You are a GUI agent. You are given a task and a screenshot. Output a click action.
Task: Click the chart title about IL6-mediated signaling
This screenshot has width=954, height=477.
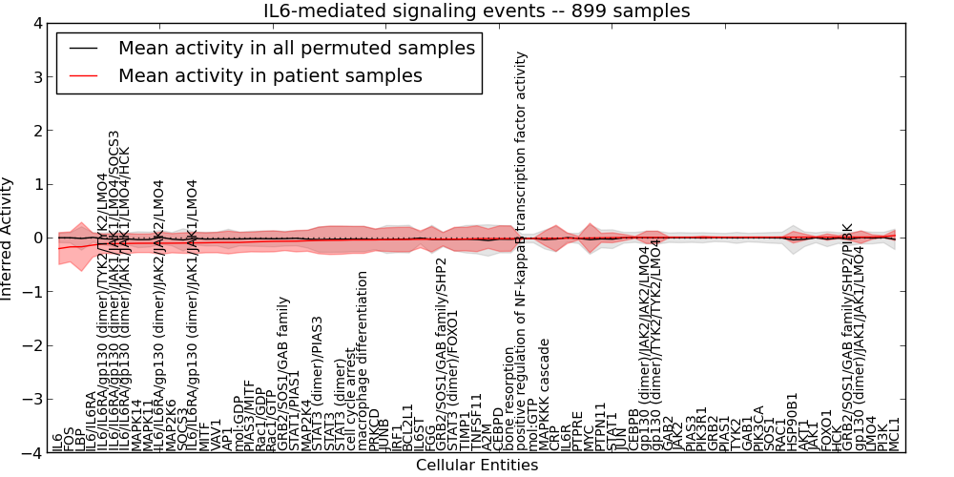pos(477,10)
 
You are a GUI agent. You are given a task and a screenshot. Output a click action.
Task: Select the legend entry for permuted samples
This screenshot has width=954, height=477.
pos(296,48)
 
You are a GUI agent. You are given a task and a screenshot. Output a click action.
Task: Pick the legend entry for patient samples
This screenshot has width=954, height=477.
pos(270,75)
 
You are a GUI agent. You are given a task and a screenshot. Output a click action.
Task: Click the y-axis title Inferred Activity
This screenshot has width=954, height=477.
pos(8,238)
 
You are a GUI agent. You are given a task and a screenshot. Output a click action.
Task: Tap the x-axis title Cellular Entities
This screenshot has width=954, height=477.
pos(477,466)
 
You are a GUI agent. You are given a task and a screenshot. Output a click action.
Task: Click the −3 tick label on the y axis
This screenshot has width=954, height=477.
pos(33,400)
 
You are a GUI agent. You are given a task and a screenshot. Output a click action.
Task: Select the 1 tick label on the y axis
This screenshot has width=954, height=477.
pos(37,184)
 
